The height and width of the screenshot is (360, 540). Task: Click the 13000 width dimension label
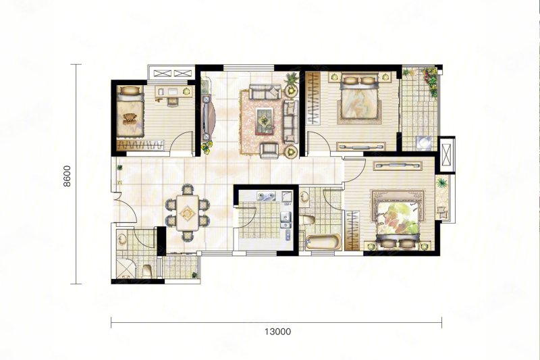277,332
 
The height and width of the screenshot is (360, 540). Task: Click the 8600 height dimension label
67,176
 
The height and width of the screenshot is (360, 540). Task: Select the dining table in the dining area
188,213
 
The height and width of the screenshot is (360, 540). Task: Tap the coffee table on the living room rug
265,121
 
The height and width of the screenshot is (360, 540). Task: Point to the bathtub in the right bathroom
323,242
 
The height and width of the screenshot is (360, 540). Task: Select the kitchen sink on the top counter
267,197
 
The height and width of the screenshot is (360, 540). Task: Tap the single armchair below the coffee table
269,150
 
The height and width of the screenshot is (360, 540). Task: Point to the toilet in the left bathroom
147,270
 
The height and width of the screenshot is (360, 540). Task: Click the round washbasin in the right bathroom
305,197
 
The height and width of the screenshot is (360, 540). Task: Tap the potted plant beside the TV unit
206,147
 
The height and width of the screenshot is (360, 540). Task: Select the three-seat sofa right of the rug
290,122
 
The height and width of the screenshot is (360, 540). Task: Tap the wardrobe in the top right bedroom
313,98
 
